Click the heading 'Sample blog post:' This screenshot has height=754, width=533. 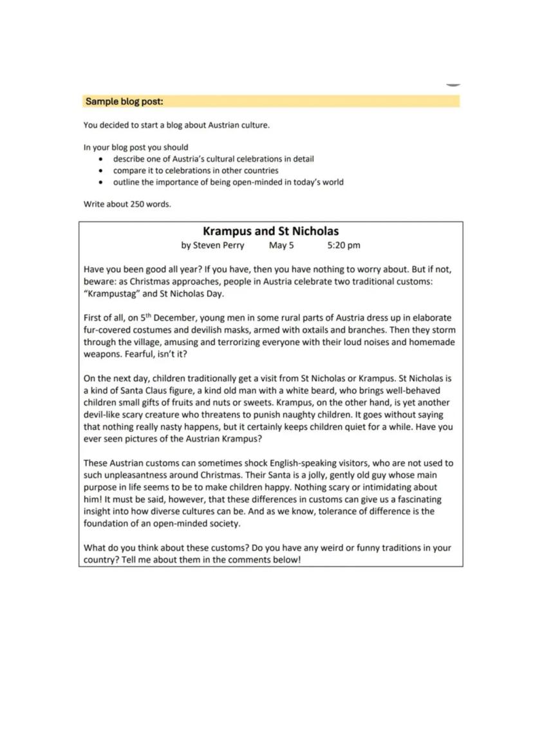(x=124, y=101)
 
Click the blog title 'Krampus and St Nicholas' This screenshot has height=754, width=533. (x=270, y=231)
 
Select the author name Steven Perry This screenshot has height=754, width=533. (x=218, y=245)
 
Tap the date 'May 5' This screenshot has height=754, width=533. (x=281, y=245)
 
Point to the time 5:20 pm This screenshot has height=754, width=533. (x=344, y=245)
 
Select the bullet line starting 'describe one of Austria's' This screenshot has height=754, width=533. (x=213, y=158)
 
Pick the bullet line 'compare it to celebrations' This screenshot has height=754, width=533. (x=196, y=171)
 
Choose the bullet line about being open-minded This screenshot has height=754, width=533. (x=228, y=182)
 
